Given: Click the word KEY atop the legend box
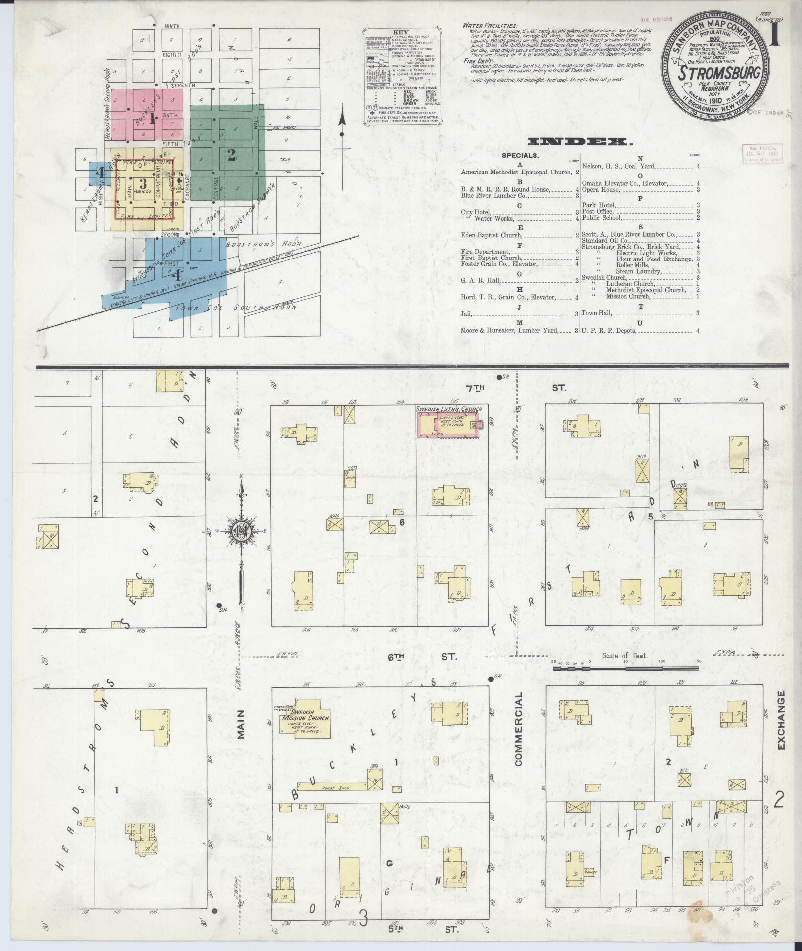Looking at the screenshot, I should pos(400,33).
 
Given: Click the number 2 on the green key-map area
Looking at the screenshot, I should pos(231,154).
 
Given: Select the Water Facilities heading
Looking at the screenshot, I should pos(489,25).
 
